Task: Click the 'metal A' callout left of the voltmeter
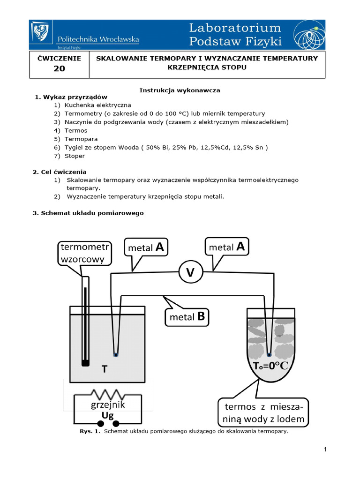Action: coord(146,247)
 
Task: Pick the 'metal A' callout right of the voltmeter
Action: coord(227,247)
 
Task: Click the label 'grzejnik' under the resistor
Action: coord(108,404)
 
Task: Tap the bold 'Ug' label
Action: coord(108,415)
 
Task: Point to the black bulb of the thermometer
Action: coord(85,362)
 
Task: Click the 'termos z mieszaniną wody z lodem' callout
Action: coord(263,412)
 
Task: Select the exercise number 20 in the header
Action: coord(60,68)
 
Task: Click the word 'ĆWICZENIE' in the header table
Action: coord(60,59)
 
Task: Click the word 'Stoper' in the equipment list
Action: coord(75,156)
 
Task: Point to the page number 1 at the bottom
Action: coord(324,450)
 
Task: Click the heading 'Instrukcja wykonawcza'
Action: coord(180,90)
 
